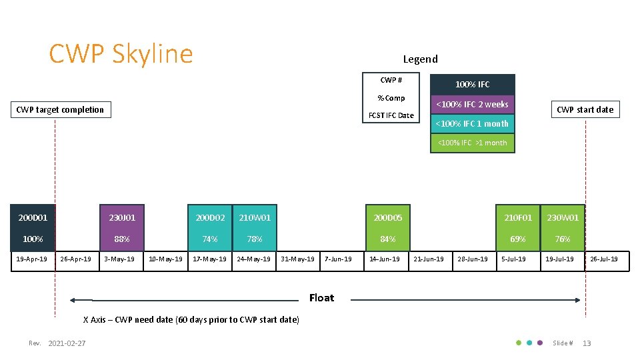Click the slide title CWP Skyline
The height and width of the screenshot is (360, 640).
[121, 54]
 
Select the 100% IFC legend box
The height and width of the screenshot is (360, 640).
[472, 84]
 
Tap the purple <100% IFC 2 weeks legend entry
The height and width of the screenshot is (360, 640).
[472, 104]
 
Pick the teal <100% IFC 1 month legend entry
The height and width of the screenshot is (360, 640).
[472, 123]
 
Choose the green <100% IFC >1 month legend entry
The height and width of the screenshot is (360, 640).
[472, 143]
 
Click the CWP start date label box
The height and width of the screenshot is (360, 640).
[585, 109]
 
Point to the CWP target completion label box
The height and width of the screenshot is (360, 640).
[60, 109]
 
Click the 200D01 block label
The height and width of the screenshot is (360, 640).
[33, 217]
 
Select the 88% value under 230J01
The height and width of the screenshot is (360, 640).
[121, 239]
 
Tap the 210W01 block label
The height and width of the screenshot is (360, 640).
[255, 217]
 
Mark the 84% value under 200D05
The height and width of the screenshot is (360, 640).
[387, 239]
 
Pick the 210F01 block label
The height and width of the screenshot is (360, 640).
[518, 217]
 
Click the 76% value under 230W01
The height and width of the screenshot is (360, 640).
[563, 239]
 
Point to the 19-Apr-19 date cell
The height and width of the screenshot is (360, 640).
[31, 259]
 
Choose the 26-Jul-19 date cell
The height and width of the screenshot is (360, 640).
[604, 259]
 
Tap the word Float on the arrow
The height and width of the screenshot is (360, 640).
[321, 297]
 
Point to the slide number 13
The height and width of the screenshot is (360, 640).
[587, 343]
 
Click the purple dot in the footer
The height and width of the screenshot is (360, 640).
[540, 343]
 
